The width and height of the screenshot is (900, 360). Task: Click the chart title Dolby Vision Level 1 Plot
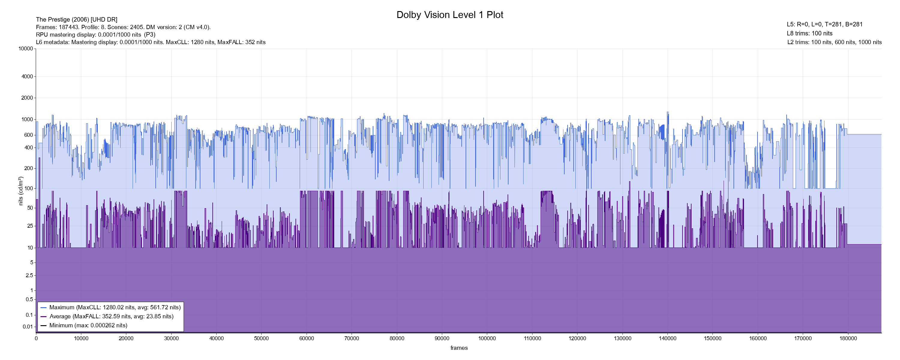tap(450, 15)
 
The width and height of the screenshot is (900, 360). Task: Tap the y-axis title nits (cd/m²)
tap(21, 191)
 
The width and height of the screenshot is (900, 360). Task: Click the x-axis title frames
tap(459, 348)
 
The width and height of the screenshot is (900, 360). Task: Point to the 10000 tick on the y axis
tap(26, 49)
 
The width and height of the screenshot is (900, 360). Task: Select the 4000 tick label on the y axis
tap(27, 76)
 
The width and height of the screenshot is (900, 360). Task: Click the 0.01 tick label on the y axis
tap(28, 327)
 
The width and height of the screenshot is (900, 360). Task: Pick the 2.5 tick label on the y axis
tap(29, 275)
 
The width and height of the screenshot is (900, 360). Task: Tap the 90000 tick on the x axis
tap(442, 338)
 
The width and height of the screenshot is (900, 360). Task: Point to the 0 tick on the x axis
tap(36, 338)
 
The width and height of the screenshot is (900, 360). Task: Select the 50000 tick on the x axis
tap(261, 338)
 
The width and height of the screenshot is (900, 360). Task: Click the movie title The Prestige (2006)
tap(76, 19)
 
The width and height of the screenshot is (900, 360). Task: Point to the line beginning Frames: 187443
tap(123, 27)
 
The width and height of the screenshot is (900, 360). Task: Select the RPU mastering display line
tap(95, 34)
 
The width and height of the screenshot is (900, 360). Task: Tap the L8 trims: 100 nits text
tap(809, 33)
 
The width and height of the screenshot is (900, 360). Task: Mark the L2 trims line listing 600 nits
tap(834, 42)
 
